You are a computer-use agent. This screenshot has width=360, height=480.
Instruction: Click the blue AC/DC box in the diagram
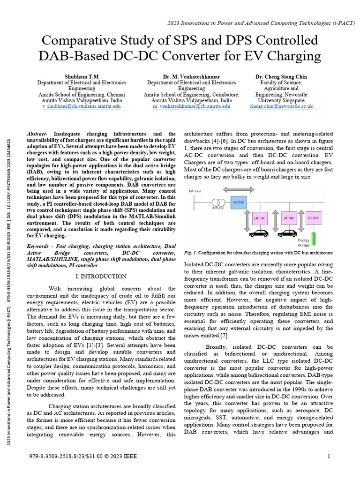coord(239,202)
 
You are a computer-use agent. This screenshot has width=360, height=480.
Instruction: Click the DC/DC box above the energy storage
coord(314,218)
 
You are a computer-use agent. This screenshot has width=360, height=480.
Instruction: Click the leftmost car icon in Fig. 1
coord(258,233)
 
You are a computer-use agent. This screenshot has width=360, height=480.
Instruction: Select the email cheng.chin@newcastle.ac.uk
coord(281,107)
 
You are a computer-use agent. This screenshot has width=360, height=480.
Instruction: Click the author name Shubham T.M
coord(82,76)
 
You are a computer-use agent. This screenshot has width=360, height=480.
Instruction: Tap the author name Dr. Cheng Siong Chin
coord(281,76)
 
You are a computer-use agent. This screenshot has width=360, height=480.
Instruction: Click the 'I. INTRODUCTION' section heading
coord(101,277)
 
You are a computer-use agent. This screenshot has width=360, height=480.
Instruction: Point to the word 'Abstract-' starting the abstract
coord(39,134)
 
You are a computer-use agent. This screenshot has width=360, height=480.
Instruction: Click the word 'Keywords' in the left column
coord(39,247)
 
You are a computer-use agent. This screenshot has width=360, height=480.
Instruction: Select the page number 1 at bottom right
coord(329,456)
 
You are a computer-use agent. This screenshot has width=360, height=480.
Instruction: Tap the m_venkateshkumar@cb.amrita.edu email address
coord(192,107)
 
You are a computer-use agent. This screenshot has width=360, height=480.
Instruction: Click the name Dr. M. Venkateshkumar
coord(192,76)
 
